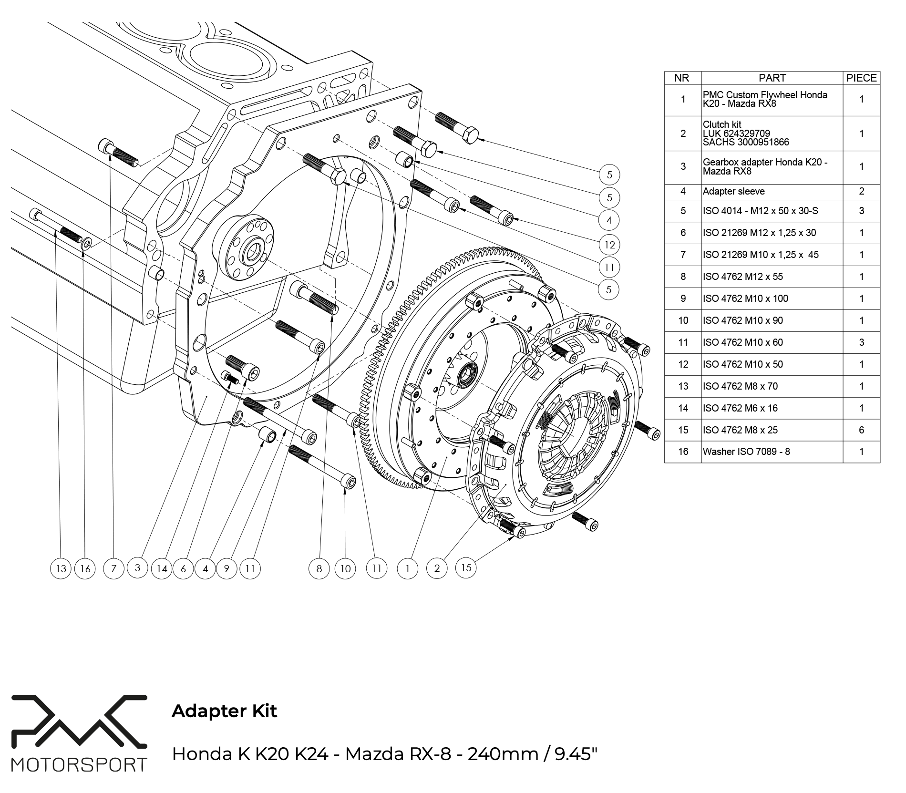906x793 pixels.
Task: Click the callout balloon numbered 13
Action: [x=61, y=568]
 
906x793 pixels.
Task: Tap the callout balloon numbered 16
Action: [x=85, y=568]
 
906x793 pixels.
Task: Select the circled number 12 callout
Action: [x=609, y=245]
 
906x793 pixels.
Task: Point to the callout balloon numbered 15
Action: [x=466, y=567]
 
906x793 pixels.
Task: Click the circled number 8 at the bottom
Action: [x=319, y=568]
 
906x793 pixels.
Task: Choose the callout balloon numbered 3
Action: [x=138, y=567]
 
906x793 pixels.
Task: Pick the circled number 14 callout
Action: [x=162, y=568]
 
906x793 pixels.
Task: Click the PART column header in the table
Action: [x=772, y=78]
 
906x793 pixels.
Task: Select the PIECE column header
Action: [x=861, y=78]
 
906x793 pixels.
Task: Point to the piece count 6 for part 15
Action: [x=861, y=430]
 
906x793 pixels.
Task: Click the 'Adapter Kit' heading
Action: [x=224, y=711]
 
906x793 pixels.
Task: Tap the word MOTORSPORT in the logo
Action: [x=79, y=764]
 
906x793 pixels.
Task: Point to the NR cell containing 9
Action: [x=683, y=299]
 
